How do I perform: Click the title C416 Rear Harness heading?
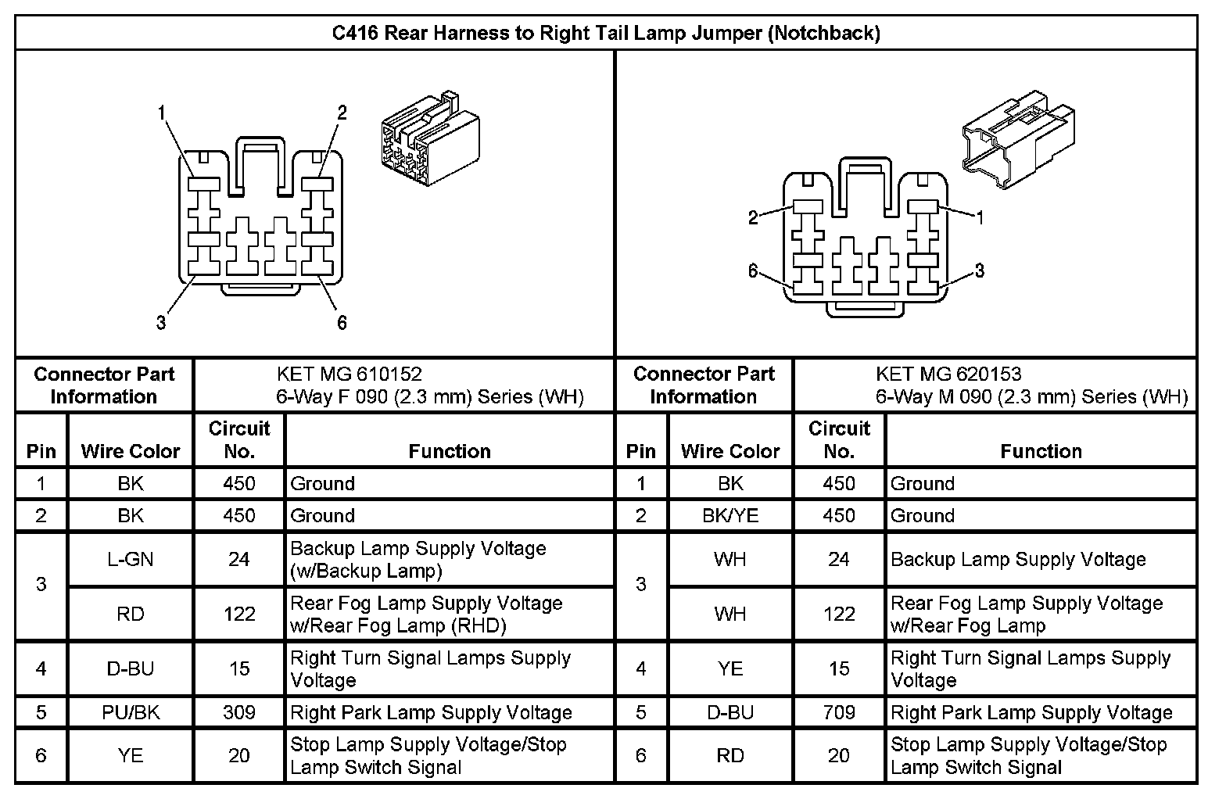pos(606,33)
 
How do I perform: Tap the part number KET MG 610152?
pos(350,374)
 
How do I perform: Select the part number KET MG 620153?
pos(948,374)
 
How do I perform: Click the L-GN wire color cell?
pos(131,560)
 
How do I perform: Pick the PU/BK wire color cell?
pos(131,712)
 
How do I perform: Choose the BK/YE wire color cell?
pos(730,515)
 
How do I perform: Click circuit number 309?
pos(239,712)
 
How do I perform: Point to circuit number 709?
pos(839,712)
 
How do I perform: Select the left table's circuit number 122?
pos(239,614)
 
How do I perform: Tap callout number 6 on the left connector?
pos(342,322)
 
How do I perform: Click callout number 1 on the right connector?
pos(979,218)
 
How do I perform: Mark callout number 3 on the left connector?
pos(161,322)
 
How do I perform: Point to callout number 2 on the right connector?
pos(753,218)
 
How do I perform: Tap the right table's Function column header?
pos(1041,451)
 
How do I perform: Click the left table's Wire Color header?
pos(131,451)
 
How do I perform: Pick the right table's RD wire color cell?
pos(730,755)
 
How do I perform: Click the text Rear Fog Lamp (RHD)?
pos(398,625)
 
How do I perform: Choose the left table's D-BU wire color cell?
pos(131,668)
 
